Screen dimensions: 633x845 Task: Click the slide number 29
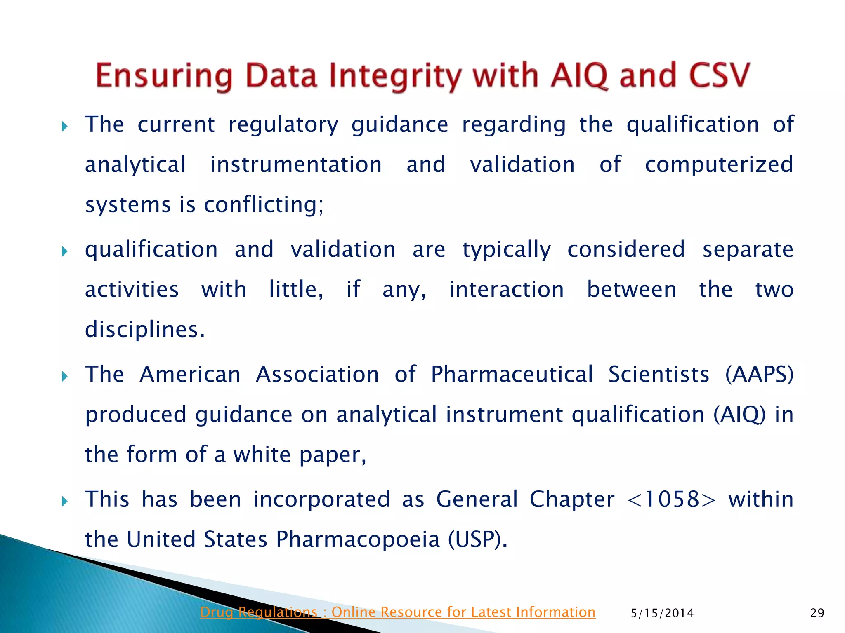pos(817,613)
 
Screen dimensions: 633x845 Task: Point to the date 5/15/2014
pos(662,613)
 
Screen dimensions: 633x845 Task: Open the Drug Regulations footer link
pos(397,612)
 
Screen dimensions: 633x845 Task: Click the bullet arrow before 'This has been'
pos(64,501)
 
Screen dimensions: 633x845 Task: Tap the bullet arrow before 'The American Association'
pos(64,376)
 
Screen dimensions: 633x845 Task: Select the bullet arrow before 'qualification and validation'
pos(64,251)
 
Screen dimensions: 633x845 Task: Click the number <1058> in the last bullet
pos(671,499)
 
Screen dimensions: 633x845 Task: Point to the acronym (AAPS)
pos(759,375)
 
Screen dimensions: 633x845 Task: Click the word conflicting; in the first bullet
pos(264,204)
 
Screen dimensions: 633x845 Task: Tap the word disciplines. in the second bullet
pos(145,330)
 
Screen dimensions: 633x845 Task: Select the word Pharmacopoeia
pos(358,539)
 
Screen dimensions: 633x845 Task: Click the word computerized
pos(719,165)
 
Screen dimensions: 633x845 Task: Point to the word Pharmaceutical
pos(512,375)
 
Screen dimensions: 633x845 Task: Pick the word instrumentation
pos(296,165)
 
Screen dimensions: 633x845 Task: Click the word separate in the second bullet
pos(748,250)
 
